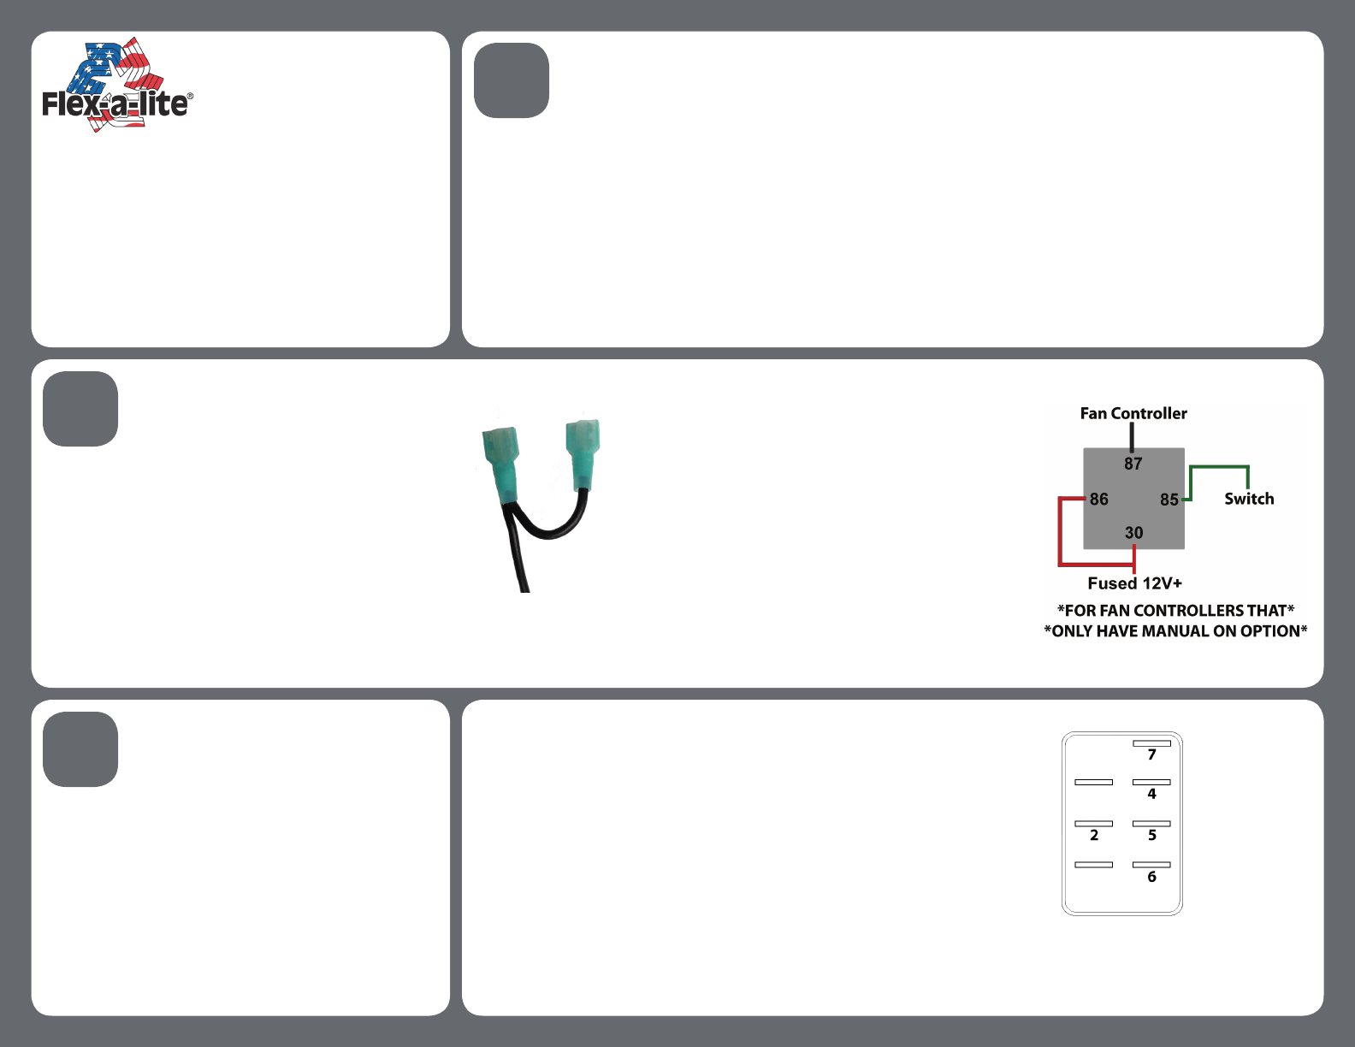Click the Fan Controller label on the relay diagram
click(x=1133, y=414)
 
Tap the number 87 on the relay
click(x=1133, y=464)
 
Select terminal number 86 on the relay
click(x=1099, y=500)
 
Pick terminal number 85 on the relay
click(x=1169, y=500)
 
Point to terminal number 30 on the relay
click(x=1133, y=533)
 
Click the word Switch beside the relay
click(x=1249, y=499)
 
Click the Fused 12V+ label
click(x=1134, y=583)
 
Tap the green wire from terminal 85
click(x=1219, y=467)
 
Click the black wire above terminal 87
click(x=1133, y=436)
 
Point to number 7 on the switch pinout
click(x=1152, y=754)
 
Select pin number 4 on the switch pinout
click(x=1152, y=794)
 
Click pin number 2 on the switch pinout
click(x=1094, y=836)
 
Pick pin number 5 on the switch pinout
click(x=1152, y=836)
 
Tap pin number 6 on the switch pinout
click(x=1152, y=877)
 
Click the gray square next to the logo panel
click(x=511, y=80)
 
